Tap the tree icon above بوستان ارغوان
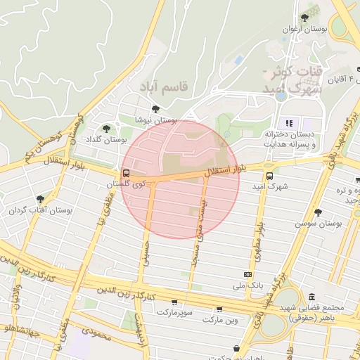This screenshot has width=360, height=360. tap(304, 18)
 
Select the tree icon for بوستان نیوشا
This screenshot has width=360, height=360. tap(155, 109)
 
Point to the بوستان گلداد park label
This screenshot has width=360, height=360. tap(105, 139)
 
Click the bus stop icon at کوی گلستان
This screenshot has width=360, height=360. tap(127, 173)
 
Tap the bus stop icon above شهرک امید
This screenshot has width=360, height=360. tap(270, 176)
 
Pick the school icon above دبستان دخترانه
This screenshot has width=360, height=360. tap(288, 123)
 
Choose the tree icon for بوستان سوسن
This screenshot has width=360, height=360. tap(318, 212)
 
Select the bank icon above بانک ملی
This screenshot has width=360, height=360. tap(247, 274)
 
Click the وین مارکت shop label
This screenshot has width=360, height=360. tap(221, 320)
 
